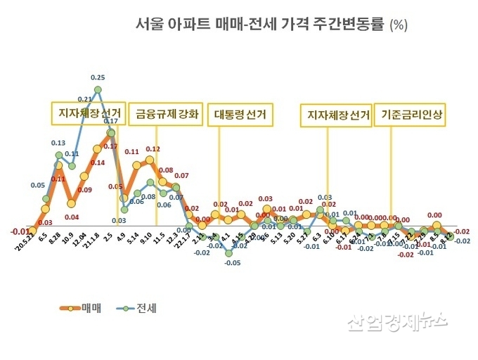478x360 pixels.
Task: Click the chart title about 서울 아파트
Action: (x=260, y=25)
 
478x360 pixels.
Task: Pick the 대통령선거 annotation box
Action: (x=240, y=115)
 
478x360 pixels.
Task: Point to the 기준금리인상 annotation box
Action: (x=412, y=114)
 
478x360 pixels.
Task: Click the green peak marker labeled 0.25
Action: (x=98, y=89)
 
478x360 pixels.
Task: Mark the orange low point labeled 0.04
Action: (x=71, y=203)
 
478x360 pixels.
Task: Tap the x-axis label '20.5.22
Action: (x=25, y=244)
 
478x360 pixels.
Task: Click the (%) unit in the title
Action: (x=399, y=25)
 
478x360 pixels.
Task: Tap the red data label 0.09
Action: (x=84, y=190)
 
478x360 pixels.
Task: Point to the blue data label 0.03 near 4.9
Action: (x=119, y=220)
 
